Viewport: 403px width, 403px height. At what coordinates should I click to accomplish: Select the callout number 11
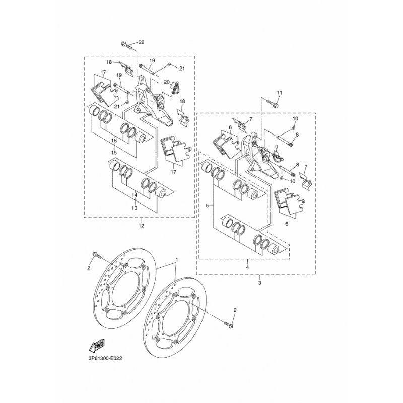[280, 93]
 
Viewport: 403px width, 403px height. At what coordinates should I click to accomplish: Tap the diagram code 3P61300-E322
[106, 358]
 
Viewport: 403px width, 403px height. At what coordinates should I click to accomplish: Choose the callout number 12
[141, 226]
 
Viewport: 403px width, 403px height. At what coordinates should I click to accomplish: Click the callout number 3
[259, 283]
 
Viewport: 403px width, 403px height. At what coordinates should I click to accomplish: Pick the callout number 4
[247, 267]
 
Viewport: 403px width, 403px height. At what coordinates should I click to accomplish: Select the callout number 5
[207, 205]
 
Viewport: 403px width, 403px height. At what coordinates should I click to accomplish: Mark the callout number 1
[177, 259]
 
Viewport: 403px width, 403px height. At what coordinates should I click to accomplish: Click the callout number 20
[167, 82]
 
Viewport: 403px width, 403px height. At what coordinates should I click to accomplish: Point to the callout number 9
[277, 147]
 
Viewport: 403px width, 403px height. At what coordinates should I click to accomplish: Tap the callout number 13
[134, 208]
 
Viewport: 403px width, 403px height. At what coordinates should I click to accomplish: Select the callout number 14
[134, 195]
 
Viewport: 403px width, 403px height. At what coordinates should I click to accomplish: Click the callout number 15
[114, 153]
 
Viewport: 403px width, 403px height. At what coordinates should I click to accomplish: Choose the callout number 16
[114, 141]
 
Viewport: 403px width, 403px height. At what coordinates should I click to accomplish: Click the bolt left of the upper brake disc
[97, 255]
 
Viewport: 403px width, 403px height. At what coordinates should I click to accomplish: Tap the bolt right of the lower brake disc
[229, 325]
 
